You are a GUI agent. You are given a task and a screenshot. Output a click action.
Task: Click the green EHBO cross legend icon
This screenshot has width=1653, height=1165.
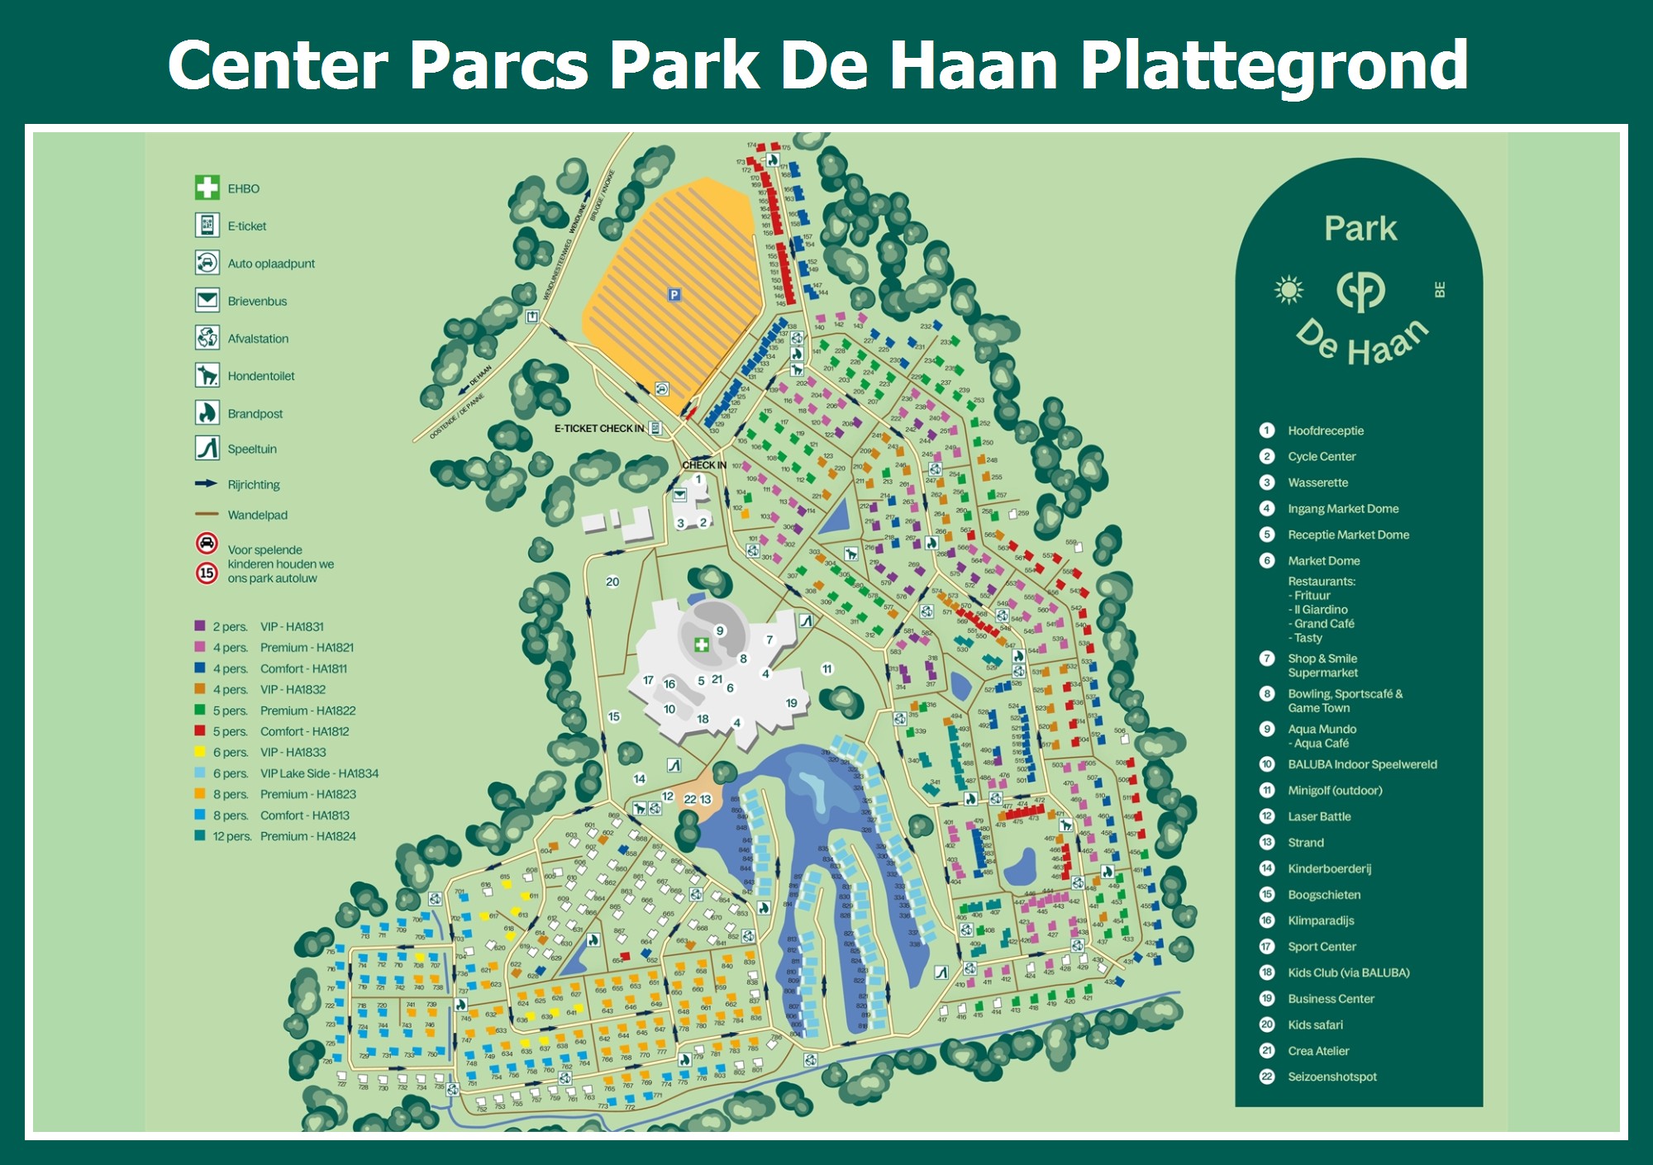pos(207,188)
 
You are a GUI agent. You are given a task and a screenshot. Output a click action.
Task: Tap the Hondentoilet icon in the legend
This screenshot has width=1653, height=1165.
pos(207,375)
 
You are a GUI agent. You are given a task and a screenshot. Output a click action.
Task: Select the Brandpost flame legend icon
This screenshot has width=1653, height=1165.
pos(207,412)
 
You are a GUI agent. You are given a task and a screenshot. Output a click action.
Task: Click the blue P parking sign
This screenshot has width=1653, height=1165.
pos(674,294)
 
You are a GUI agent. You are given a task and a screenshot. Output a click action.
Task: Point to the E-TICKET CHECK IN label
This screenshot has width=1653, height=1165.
pos(599,428)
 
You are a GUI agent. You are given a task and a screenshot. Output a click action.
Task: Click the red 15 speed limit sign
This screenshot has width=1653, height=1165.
pos(207,573)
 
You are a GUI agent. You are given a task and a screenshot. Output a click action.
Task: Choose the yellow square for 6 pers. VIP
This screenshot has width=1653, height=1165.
pos(200,752)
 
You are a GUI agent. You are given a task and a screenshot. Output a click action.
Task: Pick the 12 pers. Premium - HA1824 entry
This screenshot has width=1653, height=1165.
pos(284,836)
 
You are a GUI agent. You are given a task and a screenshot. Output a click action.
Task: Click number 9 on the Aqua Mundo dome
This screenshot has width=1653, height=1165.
pos(720,630)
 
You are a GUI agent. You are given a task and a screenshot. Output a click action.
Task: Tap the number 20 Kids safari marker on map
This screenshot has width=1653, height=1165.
pos(612,582)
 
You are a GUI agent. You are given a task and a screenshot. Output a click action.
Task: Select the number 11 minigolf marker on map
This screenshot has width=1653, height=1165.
pos(827,668)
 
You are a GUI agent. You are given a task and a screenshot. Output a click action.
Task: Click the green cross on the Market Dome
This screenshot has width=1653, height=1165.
pos(702,644)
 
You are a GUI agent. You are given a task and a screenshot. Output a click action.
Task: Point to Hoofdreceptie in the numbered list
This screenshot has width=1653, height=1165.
pos(1325,430)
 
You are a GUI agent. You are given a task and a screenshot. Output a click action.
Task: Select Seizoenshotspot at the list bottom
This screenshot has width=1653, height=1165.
pos(1331,1077)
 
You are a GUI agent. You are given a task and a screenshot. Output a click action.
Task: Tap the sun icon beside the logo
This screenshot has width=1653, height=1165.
pos(1289,289)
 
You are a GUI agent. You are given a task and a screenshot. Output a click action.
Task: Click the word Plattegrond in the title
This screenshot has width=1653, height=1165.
pos(1273,66)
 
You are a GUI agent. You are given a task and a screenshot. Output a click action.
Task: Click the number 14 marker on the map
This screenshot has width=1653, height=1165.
pos(640,778)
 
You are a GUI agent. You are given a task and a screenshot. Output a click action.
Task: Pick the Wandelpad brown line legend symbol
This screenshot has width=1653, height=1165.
pos(207,514)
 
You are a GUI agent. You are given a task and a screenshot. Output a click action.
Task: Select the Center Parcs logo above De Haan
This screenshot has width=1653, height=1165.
pos(1360,290)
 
